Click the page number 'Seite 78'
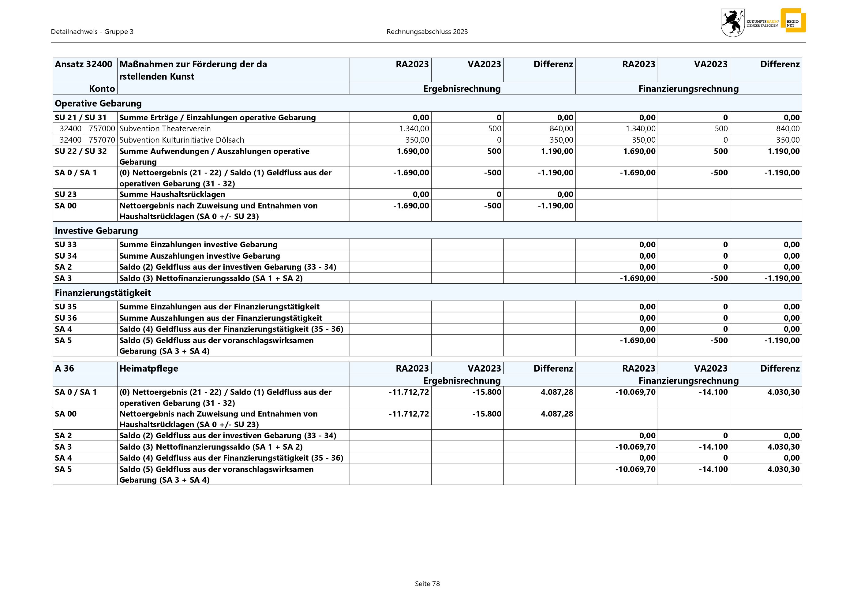(x=427, y=584)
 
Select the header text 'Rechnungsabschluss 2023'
(x=427, y=32)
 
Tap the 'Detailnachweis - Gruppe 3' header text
(x=92, y=32)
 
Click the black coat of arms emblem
(x=732, y=23)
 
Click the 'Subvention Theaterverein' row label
(x=165, y=129)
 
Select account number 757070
(x=102, y=140)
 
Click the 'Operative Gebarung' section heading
(x=98, y=103)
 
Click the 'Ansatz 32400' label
(x=83, y=64)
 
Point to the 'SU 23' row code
(x=66, y=194)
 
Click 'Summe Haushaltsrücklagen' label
(x=172, y=194)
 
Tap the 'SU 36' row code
(x=66, y=318)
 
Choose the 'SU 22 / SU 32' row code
(x=80, y=151)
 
